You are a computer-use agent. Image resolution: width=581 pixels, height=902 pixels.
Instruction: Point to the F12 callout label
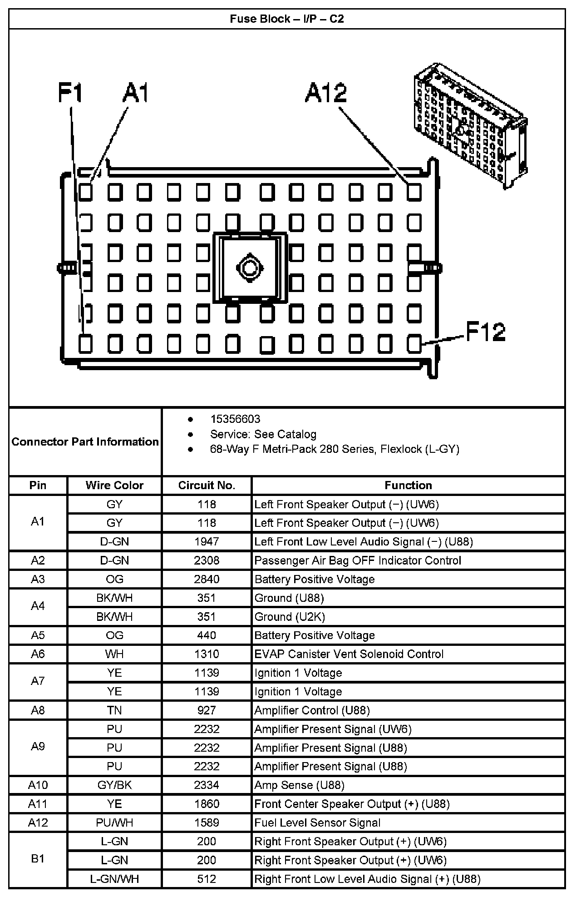(485, 332)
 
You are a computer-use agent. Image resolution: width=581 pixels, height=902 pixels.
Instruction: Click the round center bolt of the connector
(249, 268)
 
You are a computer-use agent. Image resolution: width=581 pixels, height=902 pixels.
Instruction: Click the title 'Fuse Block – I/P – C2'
(286, 19)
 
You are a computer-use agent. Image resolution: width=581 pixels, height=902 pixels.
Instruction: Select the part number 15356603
(235, 419)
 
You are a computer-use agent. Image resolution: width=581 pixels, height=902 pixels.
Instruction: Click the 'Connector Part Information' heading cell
(85, 441)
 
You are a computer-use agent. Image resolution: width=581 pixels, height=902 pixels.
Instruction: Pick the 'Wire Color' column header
(114, 485)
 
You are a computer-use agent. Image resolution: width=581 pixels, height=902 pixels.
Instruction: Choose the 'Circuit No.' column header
(207, 485)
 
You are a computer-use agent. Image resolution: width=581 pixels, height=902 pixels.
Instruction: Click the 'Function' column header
(408, 485)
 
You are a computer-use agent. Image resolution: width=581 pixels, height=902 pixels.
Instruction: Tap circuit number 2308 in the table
(207, 560)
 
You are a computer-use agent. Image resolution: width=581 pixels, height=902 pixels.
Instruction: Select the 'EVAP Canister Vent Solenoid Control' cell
(349, 654)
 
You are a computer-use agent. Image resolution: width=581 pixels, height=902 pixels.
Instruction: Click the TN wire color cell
(114, 710)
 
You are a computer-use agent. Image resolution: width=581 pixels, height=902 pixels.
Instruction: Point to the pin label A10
(38, 785)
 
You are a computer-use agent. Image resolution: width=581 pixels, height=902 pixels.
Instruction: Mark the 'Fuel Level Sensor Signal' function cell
(317, 823)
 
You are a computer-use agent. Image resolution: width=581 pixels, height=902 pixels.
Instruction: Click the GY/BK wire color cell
(114, 785)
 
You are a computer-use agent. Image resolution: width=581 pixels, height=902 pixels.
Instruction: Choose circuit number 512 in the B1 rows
(207, 879)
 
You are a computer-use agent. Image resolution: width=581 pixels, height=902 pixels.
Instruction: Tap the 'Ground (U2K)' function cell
(290, 617)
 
